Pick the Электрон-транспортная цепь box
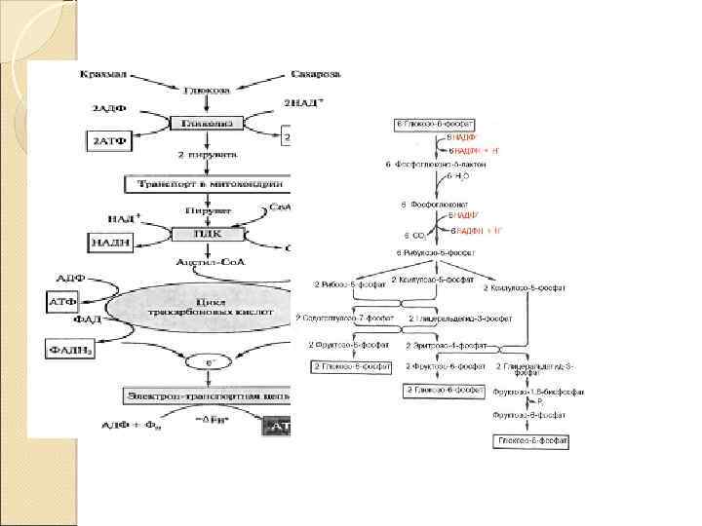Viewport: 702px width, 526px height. pos(205,395)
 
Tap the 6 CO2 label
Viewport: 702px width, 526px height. pos(413,235)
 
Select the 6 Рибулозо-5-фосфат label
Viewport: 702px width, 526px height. pos(438,253)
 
